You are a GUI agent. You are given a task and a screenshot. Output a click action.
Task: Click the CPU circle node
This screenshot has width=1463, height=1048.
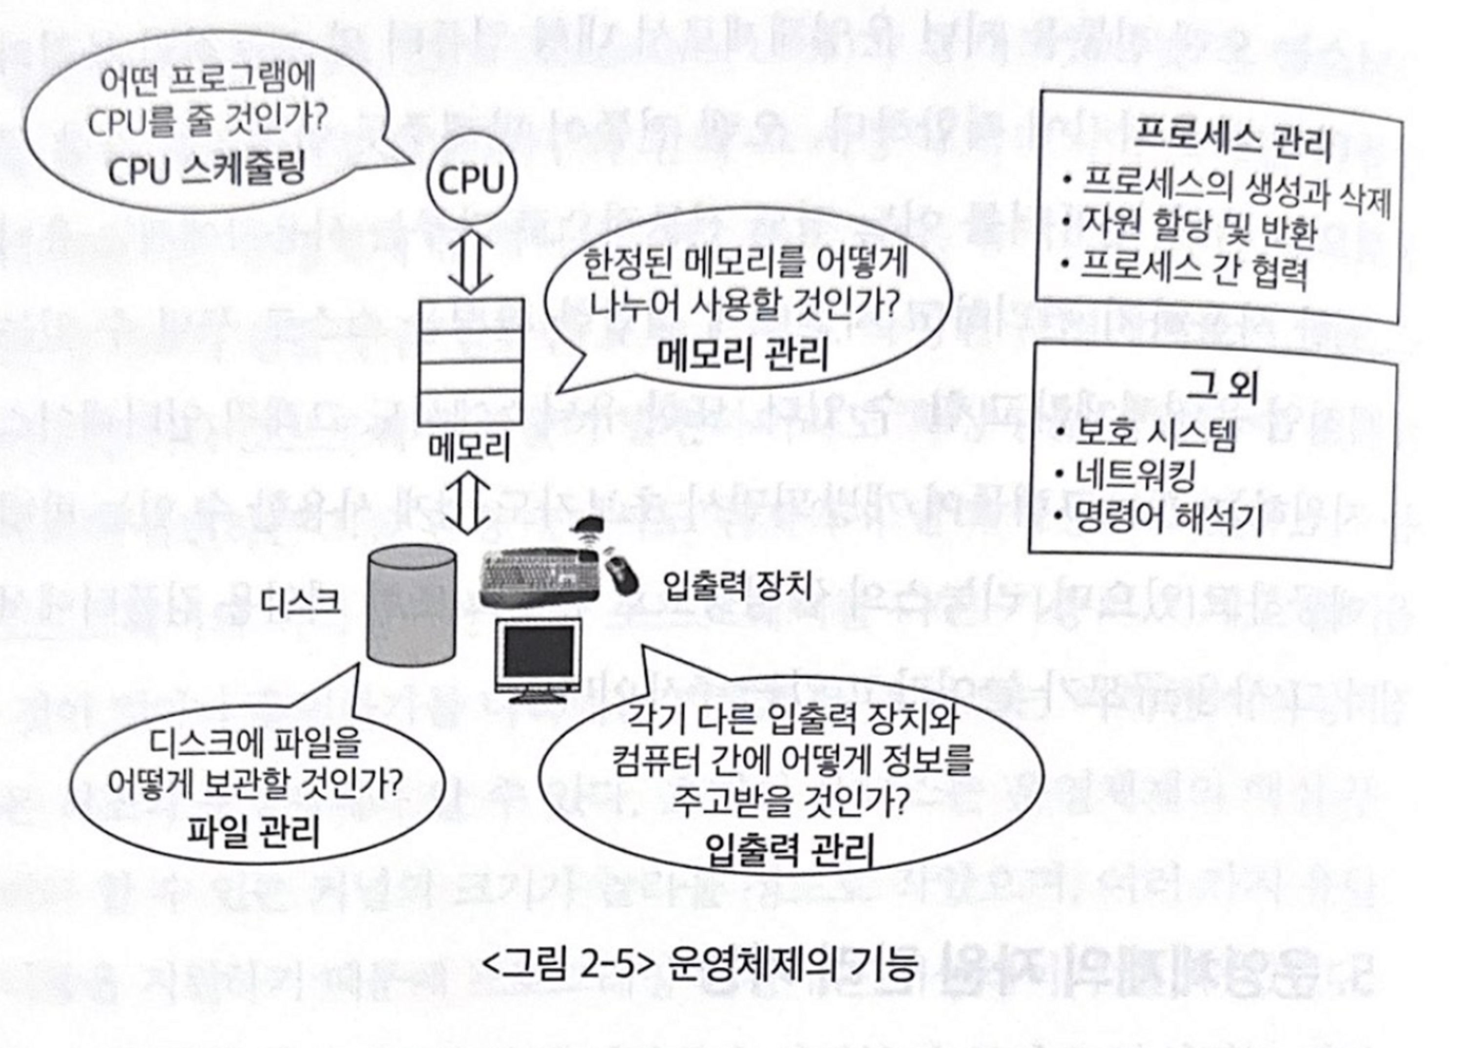click(x=472, y=179)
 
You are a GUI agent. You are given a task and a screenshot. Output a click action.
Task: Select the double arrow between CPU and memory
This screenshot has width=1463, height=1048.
click(x=471, y=259)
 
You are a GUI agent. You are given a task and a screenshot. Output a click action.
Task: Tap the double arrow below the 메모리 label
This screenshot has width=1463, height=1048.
click(x=471, y=503)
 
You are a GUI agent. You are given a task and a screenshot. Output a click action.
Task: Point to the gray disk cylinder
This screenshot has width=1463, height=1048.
click(x=412, y=605)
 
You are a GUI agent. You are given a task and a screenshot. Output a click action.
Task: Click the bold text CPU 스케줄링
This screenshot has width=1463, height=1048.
click(x=206, y=171)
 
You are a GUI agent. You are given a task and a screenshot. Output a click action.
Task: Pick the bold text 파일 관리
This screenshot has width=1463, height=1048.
click(x=253, y=831)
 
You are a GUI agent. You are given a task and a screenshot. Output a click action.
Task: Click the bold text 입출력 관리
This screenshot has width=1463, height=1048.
click(x=790, y=851)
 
